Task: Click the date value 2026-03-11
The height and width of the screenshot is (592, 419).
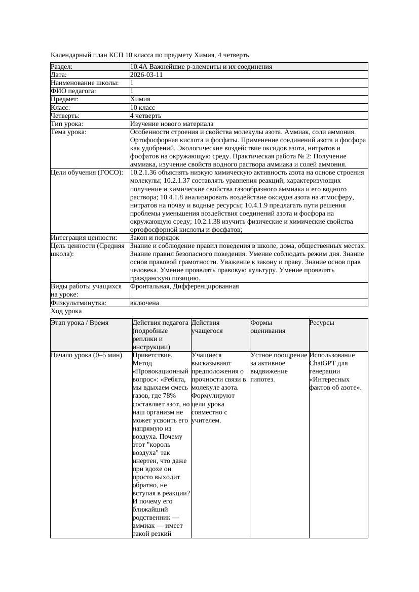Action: coord(146,75)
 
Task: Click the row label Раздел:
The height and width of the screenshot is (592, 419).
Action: coord(62,67)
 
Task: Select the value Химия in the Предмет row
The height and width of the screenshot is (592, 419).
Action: coord(140,99)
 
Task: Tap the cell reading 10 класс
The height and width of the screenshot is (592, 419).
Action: coord(142,107)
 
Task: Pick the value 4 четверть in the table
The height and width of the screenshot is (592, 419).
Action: coord(145,115)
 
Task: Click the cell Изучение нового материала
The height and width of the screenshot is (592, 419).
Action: coord(172,123)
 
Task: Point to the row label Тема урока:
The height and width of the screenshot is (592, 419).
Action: coord(69,132)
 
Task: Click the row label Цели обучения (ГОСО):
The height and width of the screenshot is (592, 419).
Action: coord(87,173)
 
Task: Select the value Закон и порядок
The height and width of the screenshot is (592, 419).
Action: coord(155,237)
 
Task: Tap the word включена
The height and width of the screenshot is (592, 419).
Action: coord(144,303)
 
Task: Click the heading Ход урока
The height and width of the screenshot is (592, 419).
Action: coord(66,311)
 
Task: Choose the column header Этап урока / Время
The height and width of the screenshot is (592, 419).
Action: coord(80,322)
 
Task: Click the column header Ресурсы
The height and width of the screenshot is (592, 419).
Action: coord(322,322)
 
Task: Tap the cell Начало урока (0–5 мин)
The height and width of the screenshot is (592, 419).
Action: coord(87,355)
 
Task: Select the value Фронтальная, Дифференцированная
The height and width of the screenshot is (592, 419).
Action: coord(184,286)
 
